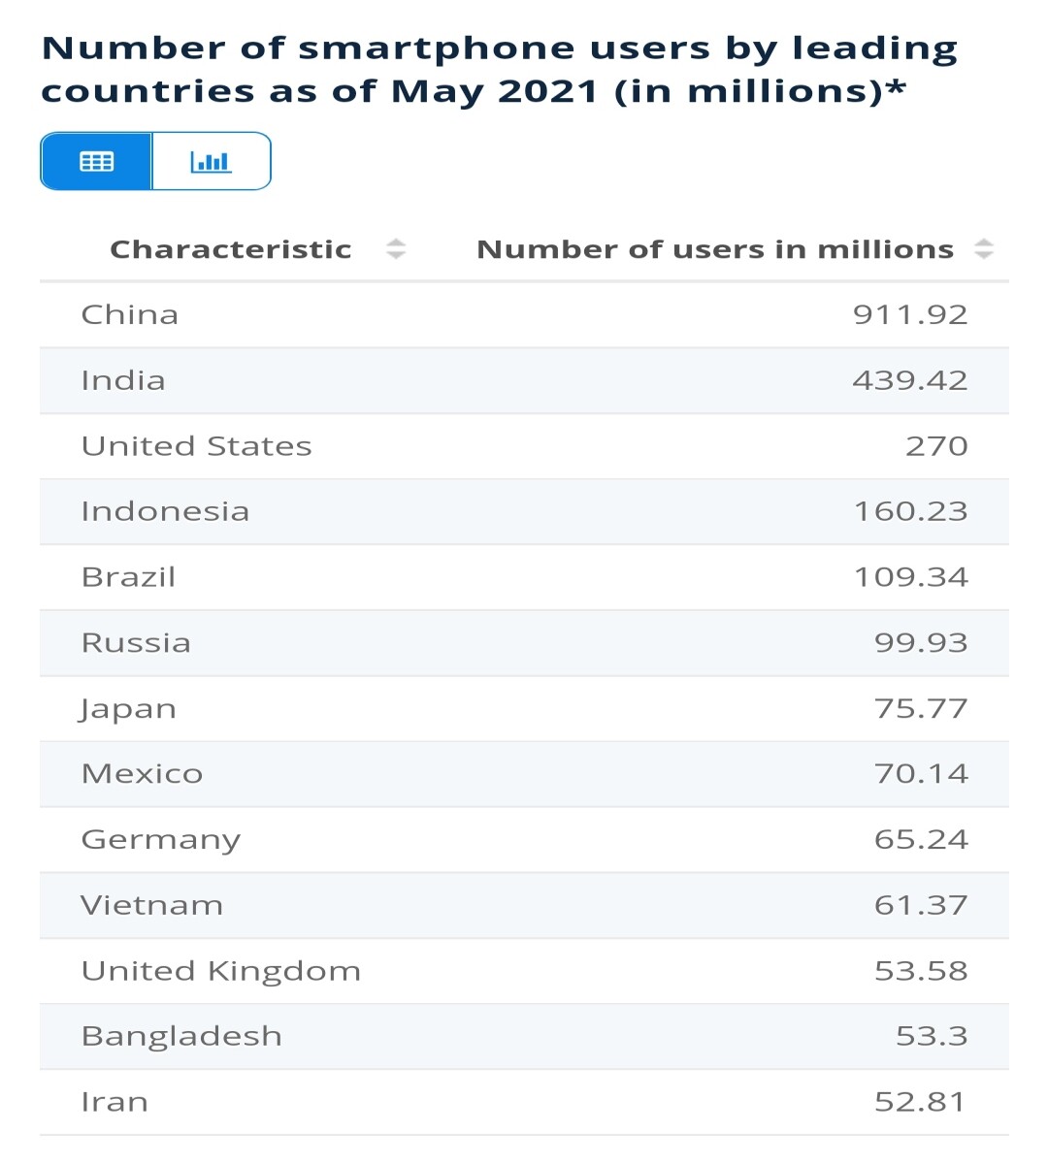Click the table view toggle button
96,161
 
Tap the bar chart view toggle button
212,161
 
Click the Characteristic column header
231,249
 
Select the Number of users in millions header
715,249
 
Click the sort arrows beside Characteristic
396,249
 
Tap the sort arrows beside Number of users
984,249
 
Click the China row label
129,314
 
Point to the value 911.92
910,314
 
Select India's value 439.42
910,380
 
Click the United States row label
196,446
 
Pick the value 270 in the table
936,446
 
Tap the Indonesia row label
165,511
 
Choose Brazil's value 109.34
911,577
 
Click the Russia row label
136,642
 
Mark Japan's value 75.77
921,708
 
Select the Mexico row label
142,773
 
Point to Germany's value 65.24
921,839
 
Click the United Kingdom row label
220,971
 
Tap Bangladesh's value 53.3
932,1036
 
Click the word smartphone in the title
436,49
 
